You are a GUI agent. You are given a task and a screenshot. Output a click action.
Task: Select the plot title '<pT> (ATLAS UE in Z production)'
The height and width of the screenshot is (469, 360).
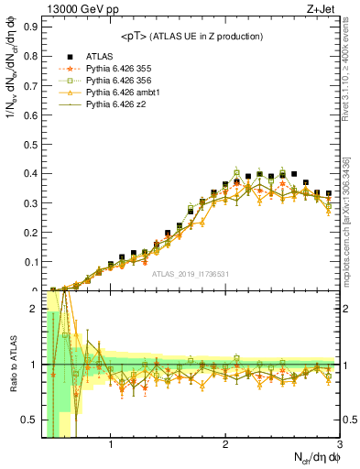[192, 36]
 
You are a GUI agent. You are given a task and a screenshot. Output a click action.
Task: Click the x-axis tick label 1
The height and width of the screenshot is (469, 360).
[111, 446]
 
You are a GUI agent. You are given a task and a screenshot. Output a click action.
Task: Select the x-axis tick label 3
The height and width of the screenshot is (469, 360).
[340, 446]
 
